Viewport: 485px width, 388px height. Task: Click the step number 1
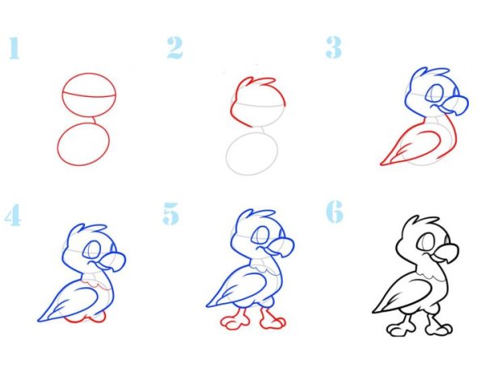pyautogui.click(x=15, y=48)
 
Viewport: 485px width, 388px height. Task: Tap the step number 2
pyautogui.click(x=175, y=48)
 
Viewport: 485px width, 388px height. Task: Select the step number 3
pyautogui.click(x=334, y=47)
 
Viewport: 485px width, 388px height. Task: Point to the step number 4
pyautogui.click(x=13, y=215)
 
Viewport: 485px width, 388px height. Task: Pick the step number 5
pyautogui.click(x=171, y=213)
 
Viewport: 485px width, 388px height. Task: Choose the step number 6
pyautogui.click(x=335, y=212)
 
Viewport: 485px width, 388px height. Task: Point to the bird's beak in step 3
pyautogui.click(x=454, y=106)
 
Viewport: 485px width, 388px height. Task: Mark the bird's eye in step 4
pyautogui.click(x=92, y=249)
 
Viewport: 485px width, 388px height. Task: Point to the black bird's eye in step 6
pyautogui.click(x=426, y=241)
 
